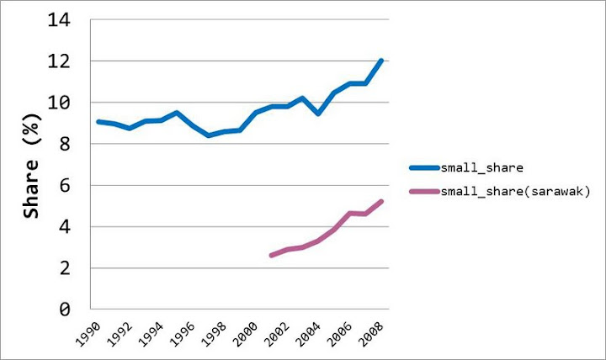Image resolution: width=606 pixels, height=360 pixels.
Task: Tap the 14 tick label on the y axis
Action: pyautogui.click(x=69, y=20)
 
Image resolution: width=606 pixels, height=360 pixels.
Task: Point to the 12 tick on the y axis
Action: pyautogui.click(x=69, y=61)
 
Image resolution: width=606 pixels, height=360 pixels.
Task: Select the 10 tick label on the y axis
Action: pyautogui.click(x=69, y=103)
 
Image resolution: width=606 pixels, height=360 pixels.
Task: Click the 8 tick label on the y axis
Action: pyautogui.click(x=74, y=144)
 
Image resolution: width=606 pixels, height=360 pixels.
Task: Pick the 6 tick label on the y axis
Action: pyautogui.click(x=74, y=185)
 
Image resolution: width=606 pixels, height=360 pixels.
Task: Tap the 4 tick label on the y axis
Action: pyautogui.click(x=74, y=227)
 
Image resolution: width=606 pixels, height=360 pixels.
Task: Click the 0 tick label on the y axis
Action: pyautogui.click(x=74, y=310)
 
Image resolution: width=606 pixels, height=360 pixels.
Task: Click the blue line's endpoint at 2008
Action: pyautogui.click(x=381, y=61)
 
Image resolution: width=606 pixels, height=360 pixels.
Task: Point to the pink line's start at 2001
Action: pyautogui.click(x=271, y=255)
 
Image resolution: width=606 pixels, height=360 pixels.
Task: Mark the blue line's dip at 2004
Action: pyautogui.click(x=318, y=114)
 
